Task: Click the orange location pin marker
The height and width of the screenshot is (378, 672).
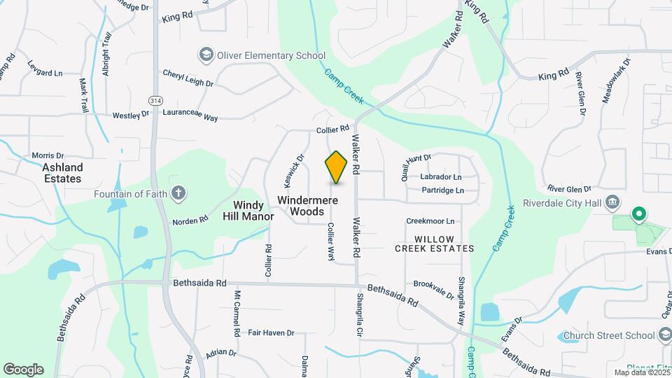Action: coord(337,167)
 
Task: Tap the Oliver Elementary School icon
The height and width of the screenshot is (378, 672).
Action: coord(206,55)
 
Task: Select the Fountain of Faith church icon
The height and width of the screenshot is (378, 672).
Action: coord(178,194)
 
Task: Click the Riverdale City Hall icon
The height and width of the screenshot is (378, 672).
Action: coord(612,203)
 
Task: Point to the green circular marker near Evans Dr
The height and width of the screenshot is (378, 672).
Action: coord(638,213)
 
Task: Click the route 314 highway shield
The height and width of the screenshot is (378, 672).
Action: coord(155,99)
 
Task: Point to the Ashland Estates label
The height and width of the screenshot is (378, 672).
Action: coord(62,173)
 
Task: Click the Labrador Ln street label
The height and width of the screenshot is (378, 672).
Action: coord(441,177)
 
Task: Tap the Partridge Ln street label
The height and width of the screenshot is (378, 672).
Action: coord(441,190)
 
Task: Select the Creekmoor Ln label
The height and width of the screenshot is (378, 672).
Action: coord(430,221)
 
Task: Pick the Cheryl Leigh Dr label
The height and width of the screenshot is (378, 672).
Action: coord(188,78)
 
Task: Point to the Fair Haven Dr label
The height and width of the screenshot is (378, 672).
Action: coord(271,332)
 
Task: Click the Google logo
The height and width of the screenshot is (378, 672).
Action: coord(23,370)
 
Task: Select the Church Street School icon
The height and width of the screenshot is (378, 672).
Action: coord(665,335)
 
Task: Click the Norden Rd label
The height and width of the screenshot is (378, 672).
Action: coord(190,220)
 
